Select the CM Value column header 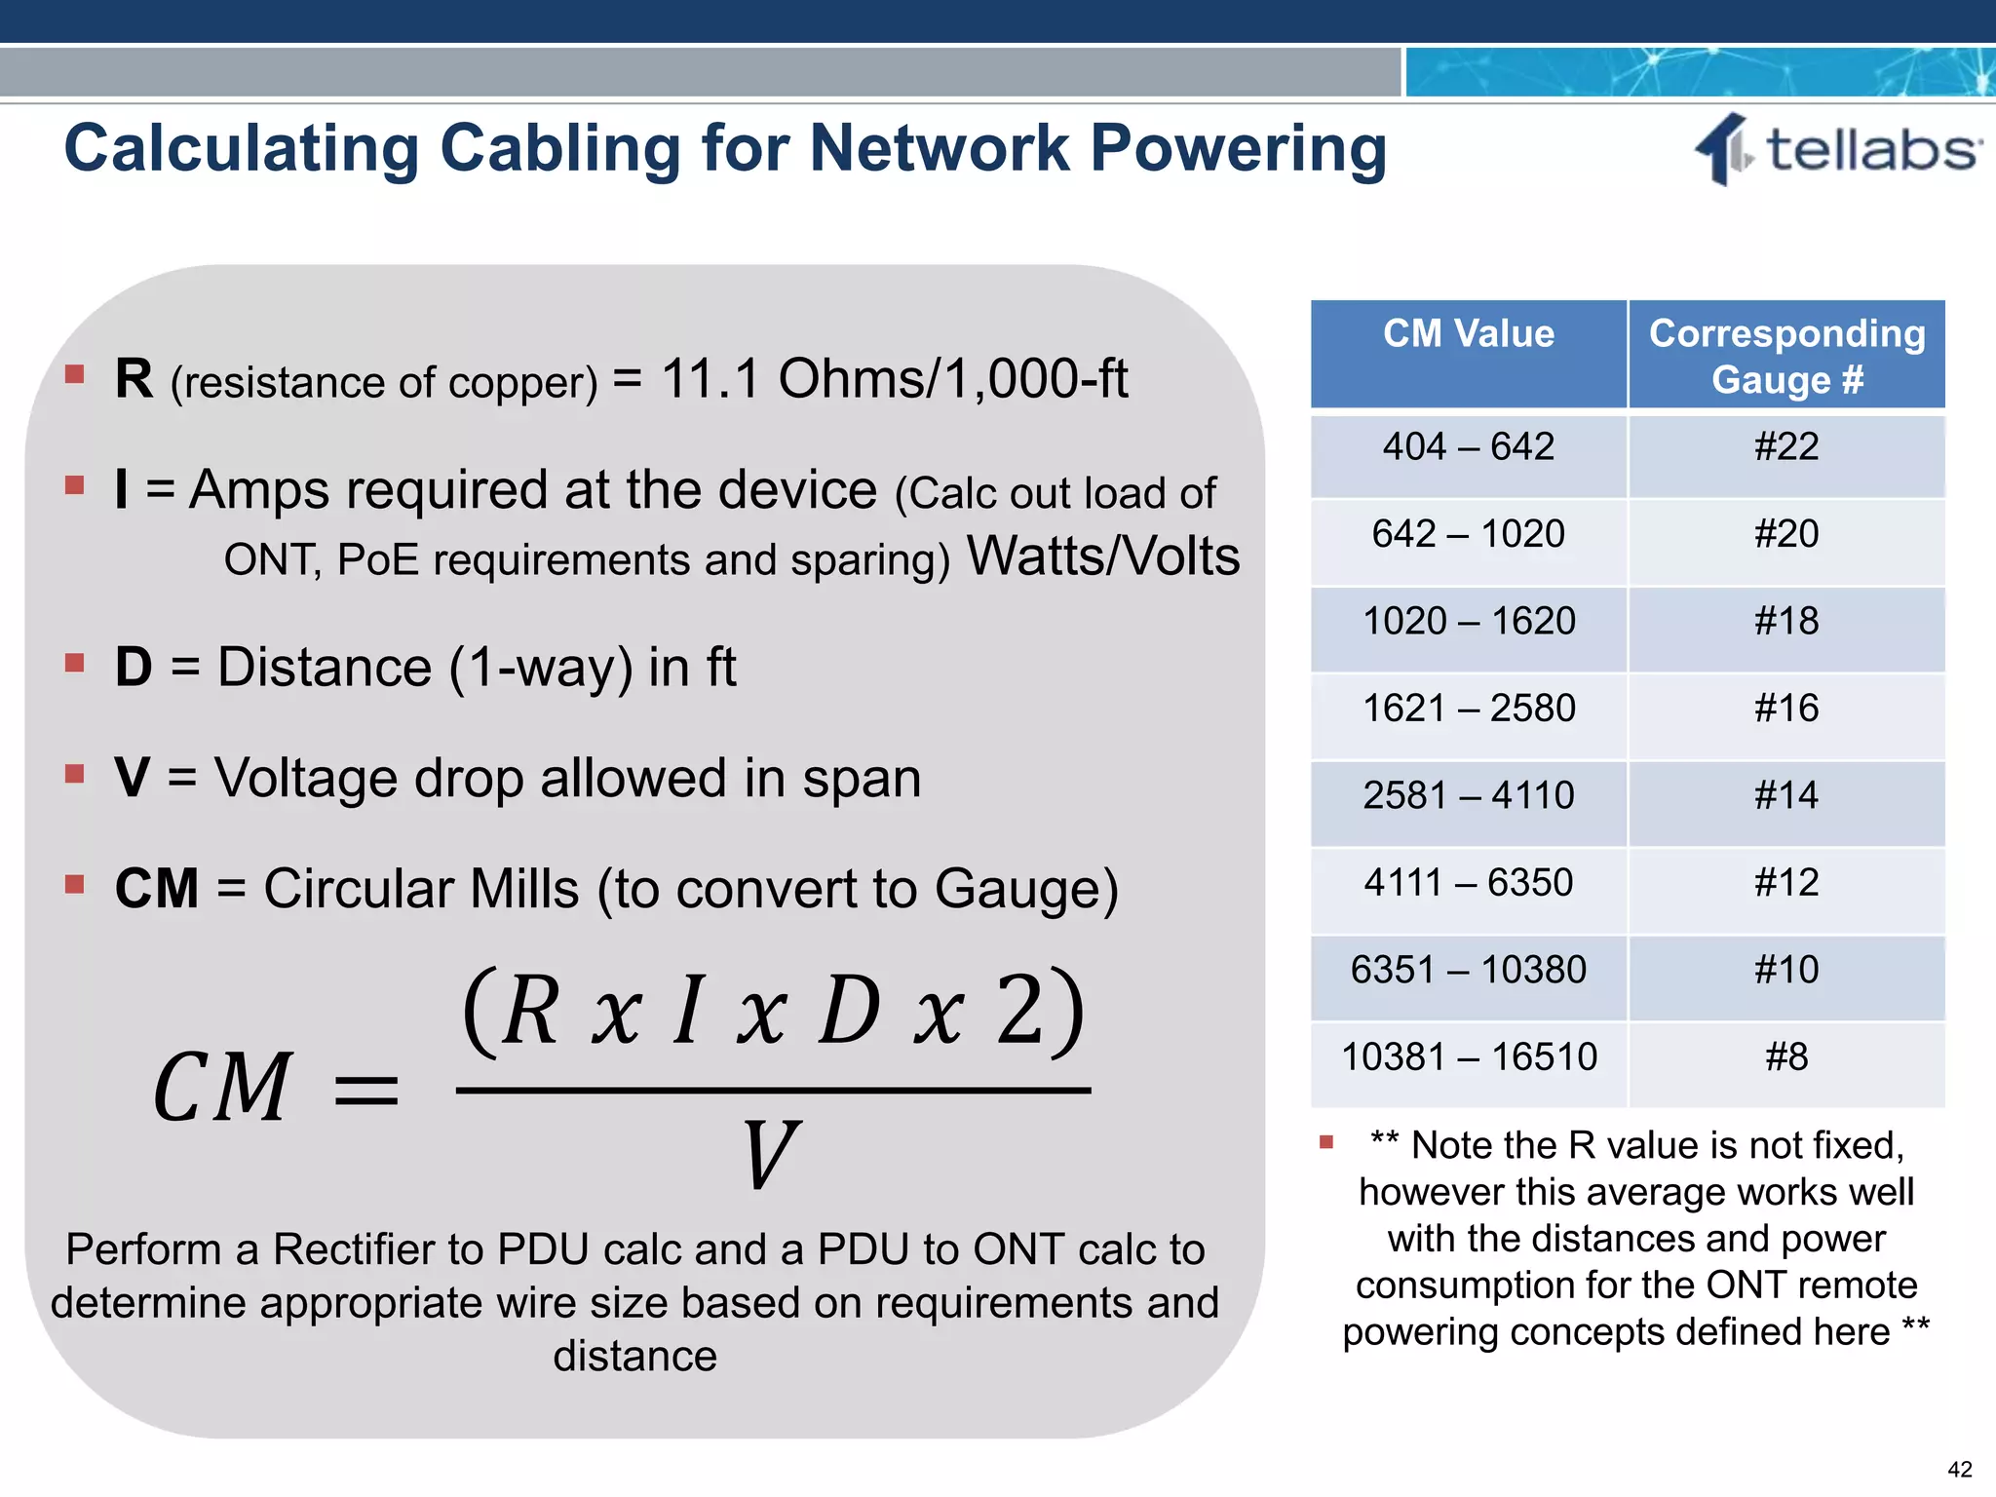[x=1468, y=334]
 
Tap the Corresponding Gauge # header [x=1786, y=356]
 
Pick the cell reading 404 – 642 [x=1468, y=447]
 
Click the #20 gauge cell [x=1785, y=534]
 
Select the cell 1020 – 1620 [x=1468, y=622]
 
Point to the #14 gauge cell [x=1785, y=795]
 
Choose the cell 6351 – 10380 [x=1468, y=970]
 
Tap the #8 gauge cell [x=1785, y=1057]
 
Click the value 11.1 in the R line [x=710, y=378]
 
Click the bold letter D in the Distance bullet [x=134, y=668]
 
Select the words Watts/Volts [x=1102, y=557]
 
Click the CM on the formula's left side [x=222, y=1088]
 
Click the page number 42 [x=1959, y=1469]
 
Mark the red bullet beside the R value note [x=1325, y=1142]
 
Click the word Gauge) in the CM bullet [x=1025, y=889]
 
